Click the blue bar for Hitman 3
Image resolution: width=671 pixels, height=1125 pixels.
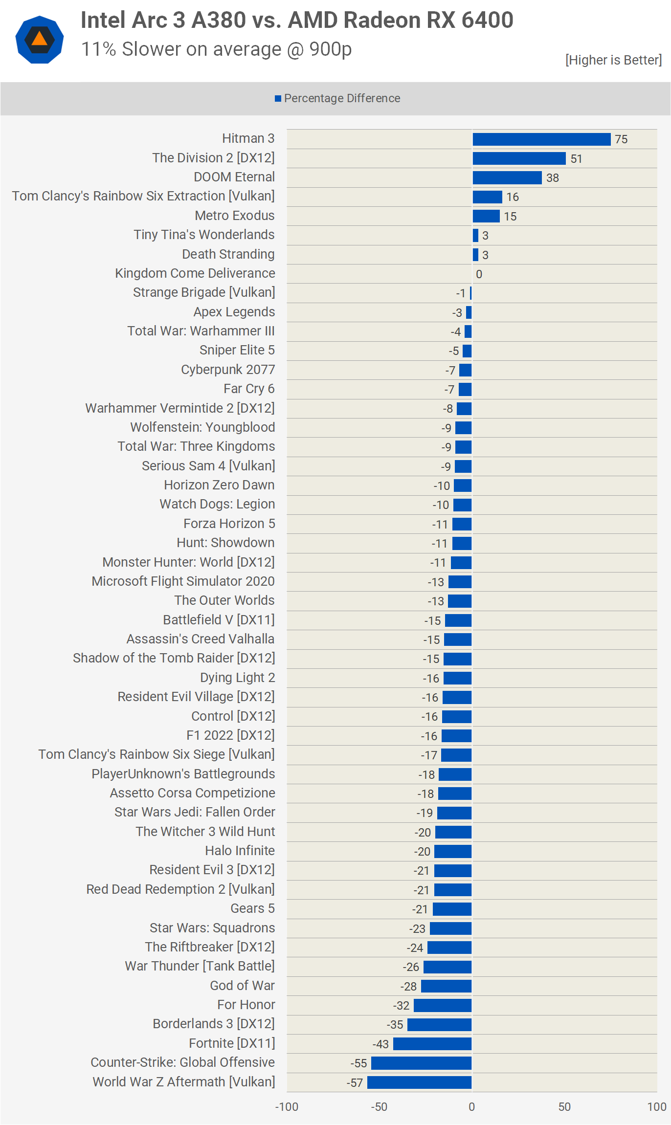(541, 139)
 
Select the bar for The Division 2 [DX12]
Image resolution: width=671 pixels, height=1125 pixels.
(519, 158)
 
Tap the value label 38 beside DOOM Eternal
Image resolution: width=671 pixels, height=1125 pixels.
(553, 178)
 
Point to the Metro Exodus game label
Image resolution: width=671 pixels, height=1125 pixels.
(234, 216)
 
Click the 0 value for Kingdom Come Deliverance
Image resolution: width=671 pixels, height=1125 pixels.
(479, 274)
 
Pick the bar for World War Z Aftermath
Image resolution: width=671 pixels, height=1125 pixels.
(419, 1082)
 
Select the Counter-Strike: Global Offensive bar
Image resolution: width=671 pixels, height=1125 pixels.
(421, 1063)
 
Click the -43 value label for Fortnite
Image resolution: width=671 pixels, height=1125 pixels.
(380, 1044)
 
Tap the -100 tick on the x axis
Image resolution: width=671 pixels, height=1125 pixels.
(287, 1107)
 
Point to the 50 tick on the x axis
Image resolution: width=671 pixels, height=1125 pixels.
(564, 1107)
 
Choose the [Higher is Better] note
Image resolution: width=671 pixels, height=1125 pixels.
(613, 60)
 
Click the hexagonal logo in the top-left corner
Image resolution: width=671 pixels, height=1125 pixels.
(40, 40)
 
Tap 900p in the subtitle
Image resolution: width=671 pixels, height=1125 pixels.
(331, 49)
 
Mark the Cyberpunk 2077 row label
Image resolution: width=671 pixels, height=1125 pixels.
(228, 370)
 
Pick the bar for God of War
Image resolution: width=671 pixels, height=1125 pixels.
(446, 986)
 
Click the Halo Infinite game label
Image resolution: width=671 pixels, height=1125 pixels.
(240, 851)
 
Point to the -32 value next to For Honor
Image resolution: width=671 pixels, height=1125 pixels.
(401, 1006)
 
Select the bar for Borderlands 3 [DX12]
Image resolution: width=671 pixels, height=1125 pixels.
(439, 1025)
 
